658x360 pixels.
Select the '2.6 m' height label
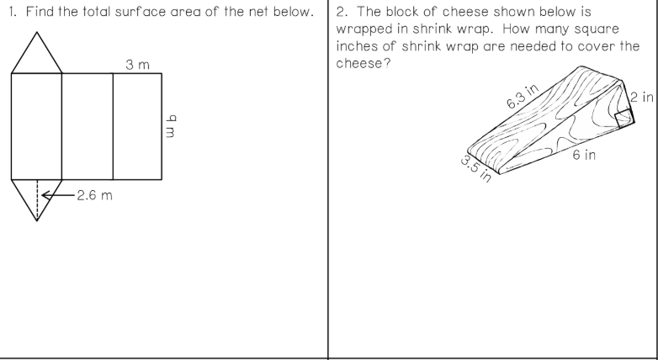click(x=93, y=196)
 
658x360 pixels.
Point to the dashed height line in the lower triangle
click(x=37, y=199)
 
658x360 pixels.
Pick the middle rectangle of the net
click(x=88, y=125)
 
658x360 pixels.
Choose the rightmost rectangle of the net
click(x=137, y=125)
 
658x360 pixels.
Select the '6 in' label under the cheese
click(x=585, y=156)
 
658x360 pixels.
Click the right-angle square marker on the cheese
click(x=624, y=117)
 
